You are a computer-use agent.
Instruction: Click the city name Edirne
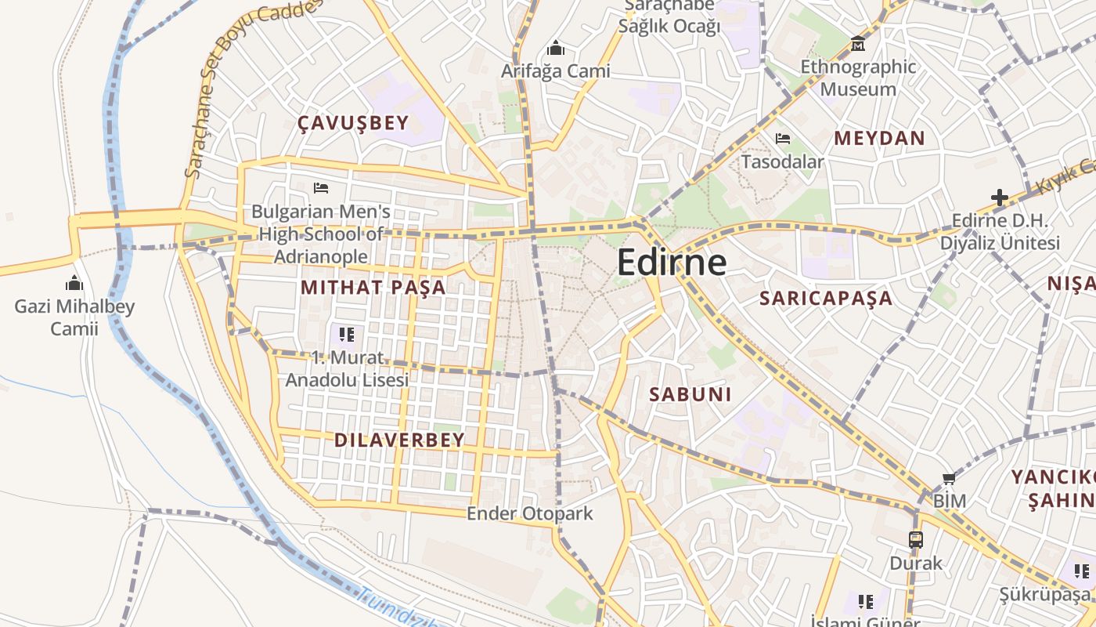[672, 262]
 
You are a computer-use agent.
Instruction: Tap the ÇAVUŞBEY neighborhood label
[353, 122]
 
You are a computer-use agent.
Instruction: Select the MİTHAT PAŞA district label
[373, 287]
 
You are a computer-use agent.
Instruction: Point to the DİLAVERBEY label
[399, 440]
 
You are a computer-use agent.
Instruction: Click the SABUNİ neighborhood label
[690, 394]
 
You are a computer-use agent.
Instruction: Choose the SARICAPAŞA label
[826, 298]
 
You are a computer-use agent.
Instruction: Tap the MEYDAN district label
[879, 139]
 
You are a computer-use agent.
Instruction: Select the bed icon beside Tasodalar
[782, 140]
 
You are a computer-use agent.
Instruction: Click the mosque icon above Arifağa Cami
[556, 49]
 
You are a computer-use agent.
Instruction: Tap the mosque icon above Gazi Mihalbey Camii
[74, 283]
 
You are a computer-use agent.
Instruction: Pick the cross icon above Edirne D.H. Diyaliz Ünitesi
[999, 198]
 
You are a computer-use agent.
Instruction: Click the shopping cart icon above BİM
[949, 478]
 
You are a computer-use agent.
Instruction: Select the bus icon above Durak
[916, 539]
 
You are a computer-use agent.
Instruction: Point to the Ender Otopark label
[530, 513]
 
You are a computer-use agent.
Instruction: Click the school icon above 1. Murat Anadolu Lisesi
[347, 335]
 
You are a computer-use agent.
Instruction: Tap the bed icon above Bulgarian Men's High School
[320, 188]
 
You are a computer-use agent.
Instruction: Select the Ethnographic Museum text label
[858, 78]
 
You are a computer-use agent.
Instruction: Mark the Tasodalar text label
[782, 162]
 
